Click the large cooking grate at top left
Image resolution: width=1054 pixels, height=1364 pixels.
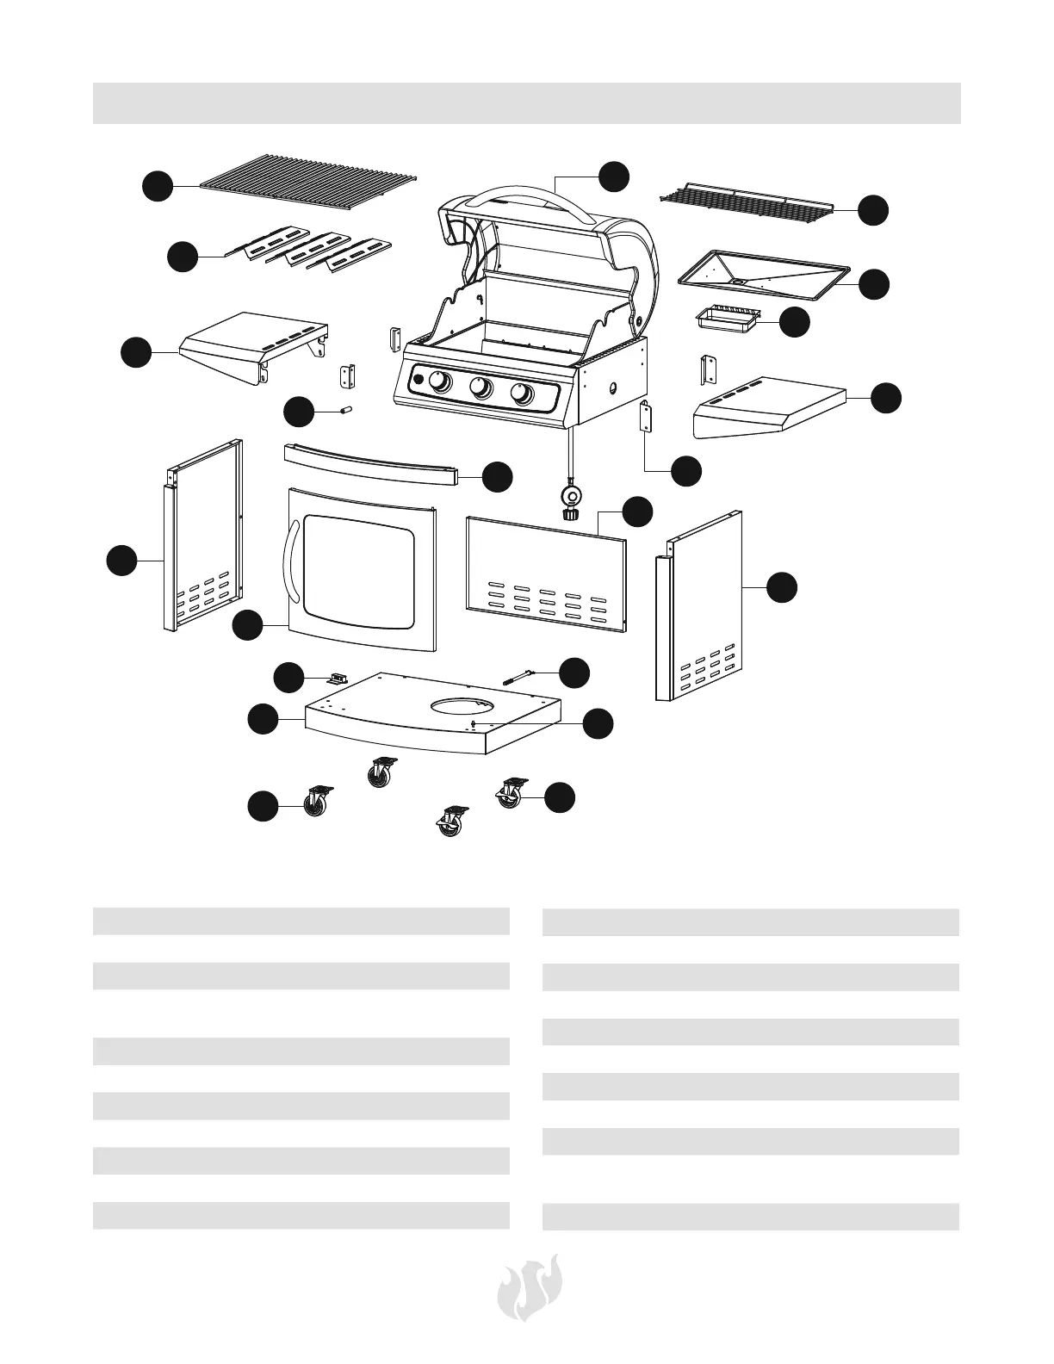[x=310, y=182]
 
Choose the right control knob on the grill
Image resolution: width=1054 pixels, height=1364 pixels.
[x=522, y=394]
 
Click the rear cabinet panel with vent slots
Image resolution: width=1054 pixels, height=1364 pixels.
[x=544, y=573]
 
